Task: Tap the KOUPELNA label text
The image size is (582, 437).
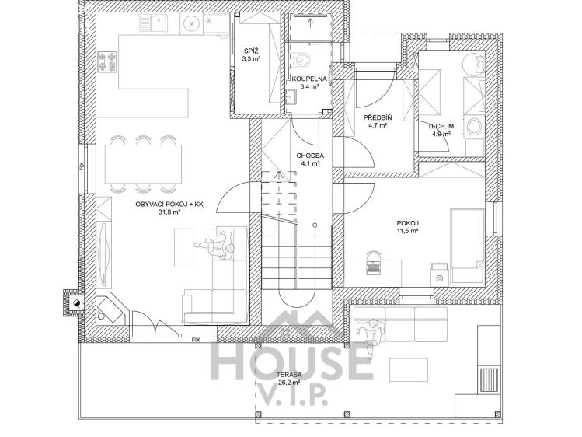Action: coord(308,79)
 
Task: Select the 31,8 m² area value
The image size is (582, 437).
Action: coord(169,212)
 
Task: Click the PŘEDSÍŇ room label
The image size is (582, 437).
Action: coord(378,117)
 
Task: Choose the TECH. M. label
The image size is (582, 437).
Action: coord(441,126)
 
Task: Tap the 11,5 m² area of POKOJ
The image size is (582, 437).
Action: coord(407,231)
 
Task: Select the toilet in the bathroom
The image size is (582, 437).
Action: coord(300,59)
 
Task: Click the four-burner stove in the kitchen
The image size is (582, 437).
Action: coord(108,61)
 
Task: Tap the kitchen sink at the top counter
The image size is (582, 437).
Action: coord(153,23)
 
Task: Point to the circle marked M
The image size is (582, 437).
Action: coord(191,24)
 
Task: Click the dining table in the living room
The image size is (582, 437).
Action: coord(144,163)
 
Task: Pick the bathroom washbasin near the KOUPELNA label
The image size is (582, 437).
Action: coord(291,97)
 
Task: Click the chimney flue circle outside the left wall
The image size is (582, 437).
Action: coord(76,302)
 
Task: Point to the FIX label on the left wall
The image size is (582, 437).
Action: coord(82,166)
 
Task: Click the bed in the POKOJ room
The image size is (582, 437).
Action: coord(467,247)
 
